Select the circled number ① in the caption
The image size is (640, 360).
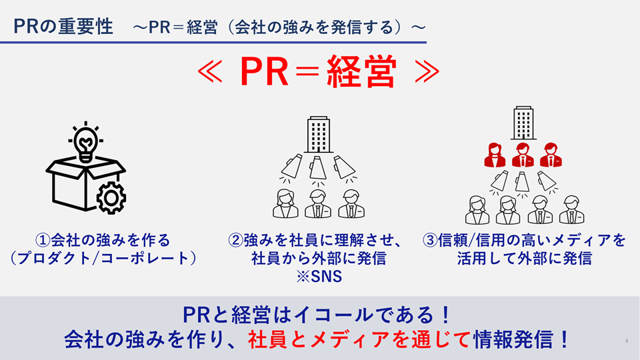(41, 239)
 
